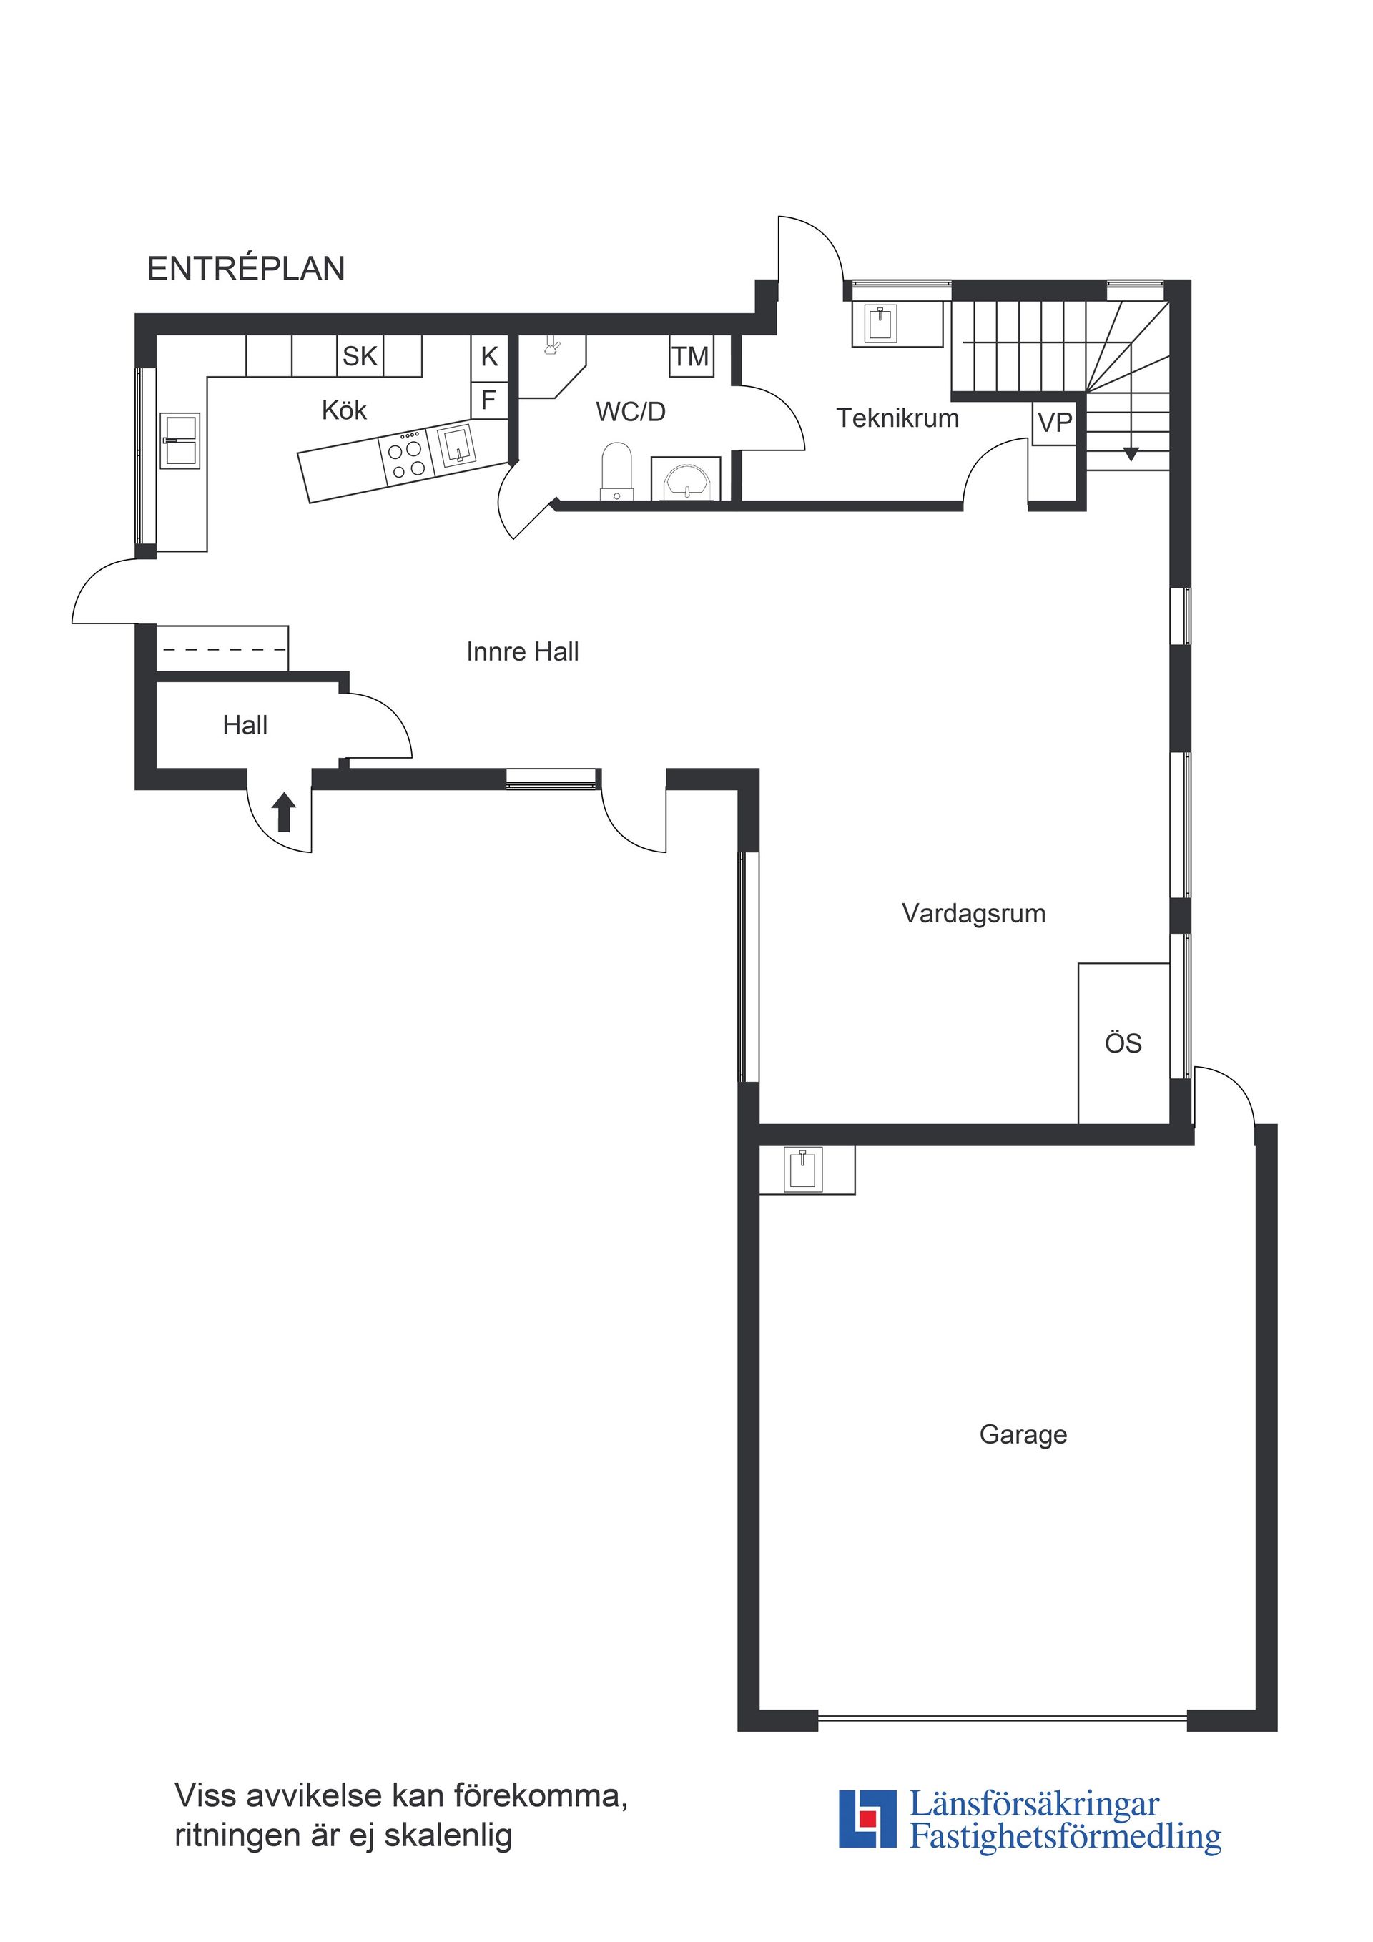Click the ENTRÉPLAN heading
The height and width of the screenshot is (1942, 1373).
[246, 269]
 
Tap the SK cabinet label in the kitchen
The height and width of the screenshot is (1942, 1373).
[360, 356]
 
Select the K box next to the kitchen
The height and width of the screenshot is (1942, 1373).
[489, 356]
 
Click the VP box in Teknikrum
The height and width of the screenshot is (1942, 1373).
[1054, 422]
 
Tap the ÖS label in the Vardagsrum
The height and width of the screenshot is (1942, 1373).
[1123, 1044]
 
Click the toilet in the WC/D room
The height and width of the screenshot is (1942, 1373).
[616, 472]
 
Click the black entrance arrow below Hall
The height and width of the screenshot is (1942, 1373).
[284, 812]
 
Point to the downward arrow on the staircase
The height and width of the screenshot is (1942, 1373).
[1130, 454]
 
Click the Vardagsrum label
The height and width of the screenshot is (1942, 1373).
[974, 914]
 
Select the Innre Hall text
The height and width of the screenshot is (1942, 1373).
[522, 651]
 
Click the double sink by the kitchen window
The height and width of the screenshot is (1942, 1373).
[180, 440]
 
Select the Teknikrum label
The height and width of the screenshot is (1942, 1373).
[897, 418]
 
